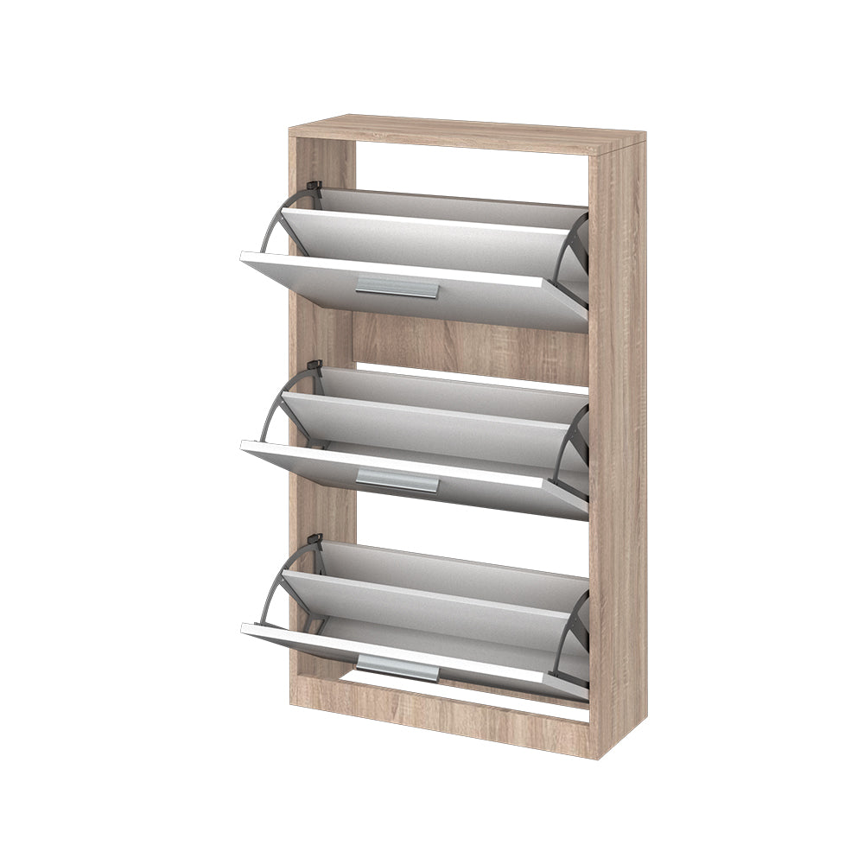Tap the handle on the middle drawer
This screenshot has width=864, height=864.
pos(397,480)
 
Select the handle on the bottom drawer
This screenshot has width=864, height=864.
pos(397,666)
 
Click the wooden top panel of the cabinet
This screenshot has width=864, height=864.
pos(467,130)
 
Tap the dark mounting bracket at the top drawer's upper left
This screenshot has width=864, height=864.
pos(314,189)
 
